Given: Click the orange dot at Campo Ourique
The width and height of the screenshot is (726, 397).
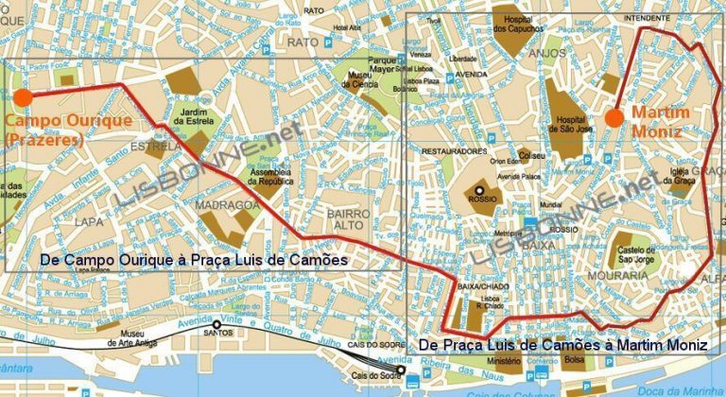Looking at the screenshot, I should click(x=23, y=96).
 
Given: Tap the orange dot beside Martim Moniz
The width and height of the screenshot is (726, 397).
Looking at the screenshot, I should click(x=614, y=117).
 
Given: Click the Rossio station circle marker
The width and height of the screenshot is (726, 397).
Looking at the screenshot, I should click(x=479, y=190).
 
